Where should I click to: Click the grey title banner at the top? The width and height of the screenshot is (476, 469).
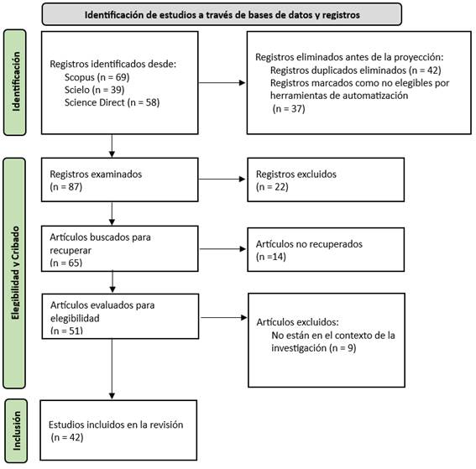[222, 14]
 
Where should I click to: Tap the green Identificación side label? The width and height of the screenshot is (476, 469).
[15, 82]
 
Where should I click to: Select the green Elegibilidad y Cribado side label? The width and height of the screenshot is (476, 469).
[14, 273]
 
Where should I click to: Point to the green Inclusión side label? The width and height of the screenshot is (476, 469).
[16, 430]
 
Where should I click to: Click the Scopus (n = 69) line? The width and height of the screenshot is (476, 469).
[97, 77]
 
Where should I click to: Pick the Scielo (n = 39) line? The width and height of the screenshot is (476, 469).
[94, 90]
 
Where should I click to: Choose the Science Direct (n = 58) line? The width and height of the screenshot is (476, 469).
[112, 102]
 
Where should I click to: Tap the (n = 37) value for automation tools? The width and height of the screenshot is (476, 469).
[289, 108]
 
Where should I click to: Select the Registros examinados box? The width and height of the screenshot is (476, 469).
[119, 180]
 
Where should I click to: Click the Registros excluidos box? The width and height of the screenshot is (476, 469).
[326, 180]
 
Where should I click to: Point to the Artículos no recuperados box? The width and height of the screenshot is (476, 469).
[326, 249]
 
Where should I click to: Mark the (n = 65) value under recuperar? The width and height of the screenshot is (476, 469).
[66, 263]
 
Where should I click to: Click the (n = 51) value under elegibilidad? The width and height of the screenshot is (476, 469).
[67, 331]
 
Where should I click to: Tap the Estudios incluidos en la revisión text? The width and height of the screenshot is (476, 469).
[116, 425]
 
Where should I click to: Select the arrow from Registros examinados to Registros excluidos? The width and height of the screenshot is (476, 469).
[222, 179]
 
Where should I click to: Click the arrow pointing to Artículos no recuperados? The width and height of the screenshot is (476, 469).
[222, 249]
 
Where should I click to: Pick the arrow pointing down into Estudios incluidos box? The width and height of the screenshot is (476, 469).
[112, 369]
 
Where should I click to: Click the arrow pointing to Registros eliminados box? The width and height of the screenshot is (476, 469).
[222, 82]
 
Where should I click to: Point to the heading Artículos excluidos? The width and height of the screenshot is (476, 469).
[297, 322]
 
